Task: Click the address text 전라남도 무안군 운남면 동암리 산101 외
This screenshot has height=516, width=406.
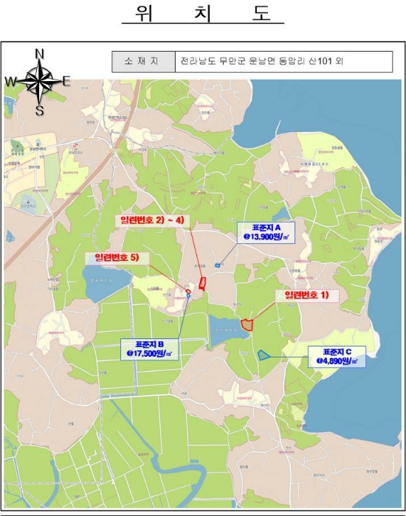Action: [x=261, y=62]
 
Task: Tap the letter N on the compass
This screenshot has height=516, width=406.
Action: [x=41, y=53]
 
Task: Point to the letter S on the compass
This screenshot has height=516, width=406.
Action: [x=40, y=111]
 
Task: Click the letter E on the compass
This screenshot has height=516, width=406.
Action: [x=66, y=81]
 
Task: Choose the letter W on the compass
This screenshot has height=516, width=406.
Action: [x=11, y=81]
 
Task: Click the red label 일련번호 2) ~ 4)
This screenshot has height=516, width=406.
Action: [x=152, y=220]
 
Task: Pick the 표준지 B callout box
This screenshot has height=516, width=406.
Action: [x=154, y=349]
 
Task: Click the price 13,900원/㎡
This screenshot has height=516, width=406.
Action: [x=266, y=237]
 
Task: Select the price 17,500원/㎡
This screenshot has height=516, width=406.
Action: [x=154, y=354]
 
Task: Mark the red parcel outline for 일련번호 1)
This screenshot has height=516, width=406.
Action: [x=247, y=324]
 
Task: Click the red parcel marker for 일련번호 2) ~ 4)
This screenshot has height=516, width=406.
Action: [x=203, y=282]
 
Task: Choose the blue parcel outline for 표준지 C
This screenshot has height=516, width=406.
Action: [x=264, y=355]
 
